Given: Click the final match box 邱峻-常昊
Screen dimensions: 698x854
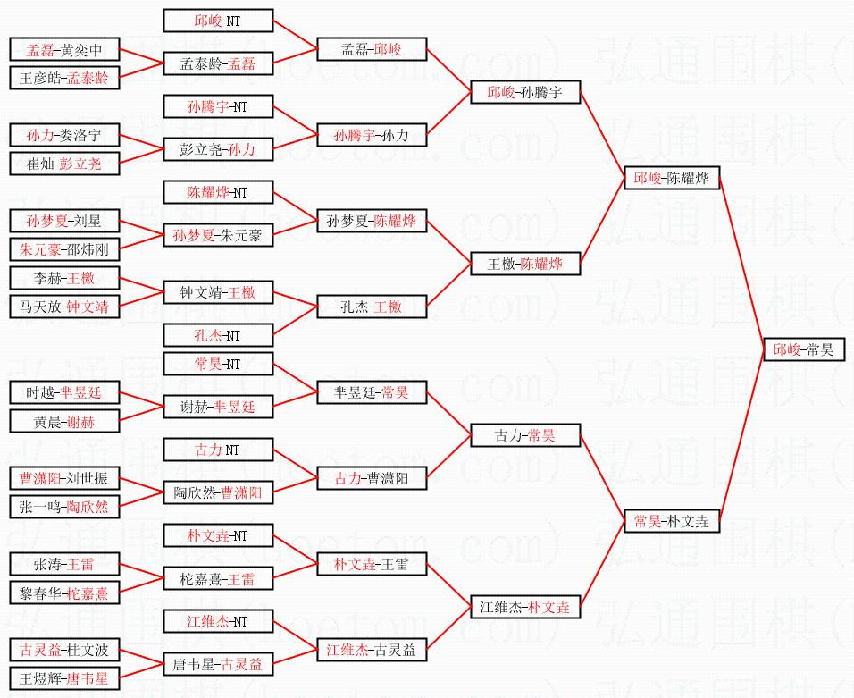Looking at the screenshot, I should point(804,349).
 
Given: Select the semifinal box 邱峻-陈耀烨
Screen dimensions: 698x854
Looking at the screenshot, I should point(671,178).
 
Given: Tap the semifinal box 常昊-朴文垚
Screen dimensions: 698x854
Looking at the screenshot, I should point(671,521).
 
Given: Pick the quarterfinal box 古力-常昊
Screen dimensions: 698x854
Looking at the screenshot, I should point(525,435).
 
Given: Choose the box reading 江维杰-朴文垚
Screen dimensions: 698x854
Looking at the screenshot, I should point(525,607).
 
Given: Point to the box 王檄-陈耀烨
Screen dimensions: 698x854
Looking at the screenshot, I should point(525,264).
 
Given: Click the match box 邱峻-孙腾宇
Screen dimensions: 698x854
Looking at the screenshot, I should point(525,92).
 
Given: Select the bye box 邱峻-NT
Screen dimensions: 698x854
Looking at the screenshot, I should point(218,21).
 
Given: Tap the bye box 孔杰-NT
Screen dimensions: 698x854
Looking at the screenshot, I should point(218,335).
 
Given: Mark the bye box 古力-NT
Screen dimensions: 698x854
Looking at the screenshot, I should point(218,450).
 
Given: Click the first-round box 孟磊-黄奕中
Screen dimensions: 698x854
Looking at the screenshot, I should point(64,49).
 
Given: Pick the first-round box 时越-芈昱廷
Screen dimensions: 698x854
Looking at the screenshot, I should point(64,392).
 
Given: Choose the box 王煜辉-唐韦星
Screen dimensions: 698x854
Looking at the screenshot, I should point(64,678).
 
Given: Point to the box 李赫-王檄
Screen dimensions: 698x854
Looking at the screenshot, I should point(64,278).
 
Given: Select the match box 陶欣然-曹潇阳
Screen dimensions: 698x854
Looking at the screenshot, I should point(218,492).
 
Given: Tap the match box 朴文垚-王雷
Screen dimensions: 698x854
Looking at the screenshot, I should point(371,564).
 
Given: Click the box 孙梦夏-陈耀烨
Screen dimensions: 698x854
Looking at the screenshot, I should point(371,221).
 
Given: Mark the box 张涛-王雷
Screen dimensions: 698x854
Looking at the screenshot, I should point(64,564).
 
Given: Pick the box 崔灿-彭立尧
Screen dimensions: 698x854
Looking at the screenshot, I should point(64,164).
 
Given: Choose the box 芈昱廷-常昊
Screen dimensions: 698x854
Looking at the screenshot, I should point(371,392).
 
